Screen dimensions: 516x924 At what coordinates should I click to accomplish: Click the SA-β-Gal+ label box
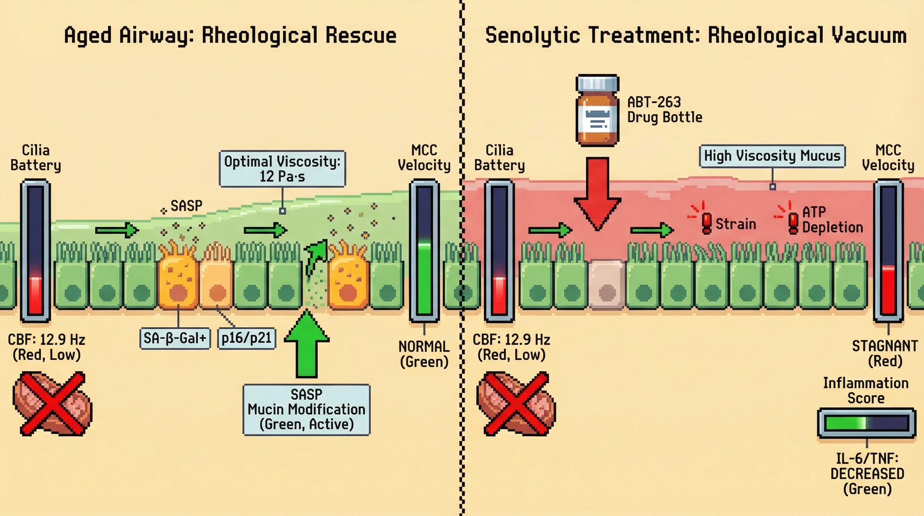coord(175,338)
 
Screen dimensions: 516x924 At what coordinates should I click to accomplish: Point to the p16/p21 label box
coord(246,338)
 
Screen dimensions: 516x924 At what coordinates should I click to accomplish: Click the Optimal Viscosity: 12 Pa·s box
coord(282,169)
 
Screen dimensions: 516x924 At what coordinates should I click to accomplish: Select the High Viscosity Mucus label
coord(772,156)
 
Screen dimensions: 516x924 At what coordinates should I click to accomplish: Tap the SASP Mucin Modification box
coord(306,410)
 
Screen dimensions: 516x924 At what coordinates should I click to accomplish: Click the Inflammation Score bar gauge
coord(866,423)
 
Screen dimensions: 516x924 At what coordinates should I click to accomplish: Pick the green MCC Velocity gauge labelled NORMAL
coord(424,251)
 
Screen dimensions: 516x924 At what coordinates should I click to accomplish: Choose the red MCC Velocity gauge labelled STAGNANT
coord(888,251)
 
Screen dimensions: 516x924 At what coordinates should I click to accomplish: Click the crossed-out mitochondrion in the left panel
coord(52,404)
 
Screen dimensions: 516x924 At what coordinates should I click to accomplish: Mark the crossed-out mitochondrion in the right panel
coord(516,404)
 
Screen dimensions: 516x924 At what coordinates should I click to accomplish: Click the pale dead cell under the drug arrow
coord(607,285)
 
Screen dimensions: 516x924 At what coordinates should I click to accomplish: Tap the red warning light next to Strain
coord(706,222)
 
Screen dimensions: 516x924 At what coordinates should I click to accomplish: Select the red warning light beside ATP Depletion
coord(793,222)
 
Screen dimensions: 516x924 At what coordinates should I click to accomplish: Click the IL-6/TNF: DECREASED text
coord(867,474)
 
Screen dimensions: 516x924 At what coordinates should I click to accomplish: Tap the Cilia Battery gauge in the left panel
coord(36,251)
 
